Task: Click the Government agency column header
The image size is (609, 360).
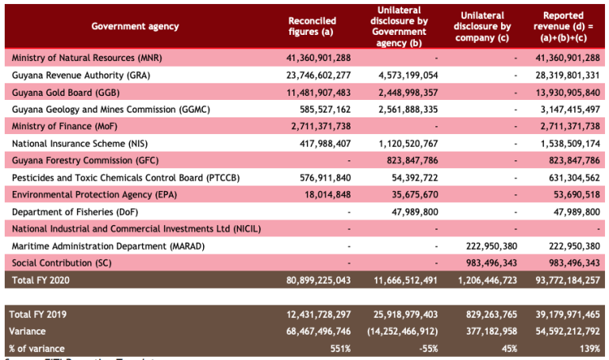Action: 135,27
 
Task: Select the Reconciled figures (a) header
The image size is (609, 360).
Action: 312,26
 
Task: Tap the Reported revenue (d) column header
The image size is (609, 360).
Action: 563,26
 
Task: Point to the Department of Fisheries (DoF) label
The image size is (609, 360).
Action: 75,213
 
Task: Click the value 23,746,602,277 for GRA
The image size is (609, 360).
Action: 317,75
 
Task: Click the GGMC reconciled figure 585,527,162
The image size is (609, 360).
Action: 322,109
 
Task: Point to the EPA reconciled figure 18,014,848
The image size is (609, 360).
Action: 325,195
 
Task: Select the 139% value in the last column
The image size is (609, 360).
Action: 589,349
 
